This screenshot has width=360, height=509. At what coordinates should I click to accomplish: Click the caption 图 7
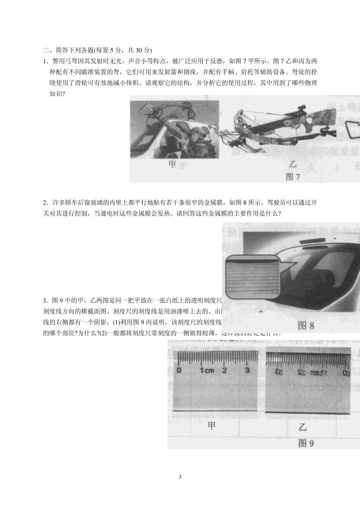(x=293, y=177)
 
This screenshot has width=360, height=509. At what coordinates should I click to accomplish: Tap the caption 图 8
(x=306, y=325)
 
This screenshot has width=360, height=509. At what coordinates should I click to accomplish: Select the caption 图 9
(x=306, y=443)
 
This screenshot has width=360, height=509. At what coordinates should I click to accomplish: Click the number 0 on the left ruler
(x=179, y=370)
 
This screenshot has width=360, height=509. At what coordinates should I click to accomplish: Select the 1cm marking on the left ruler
(x=207, y=370)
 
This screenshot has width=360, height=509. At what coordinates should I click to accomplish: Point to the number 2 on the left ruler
(x=224, y=370)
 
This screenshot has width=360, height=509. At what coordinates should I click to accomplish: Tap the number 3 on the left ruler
(x=247, y=370)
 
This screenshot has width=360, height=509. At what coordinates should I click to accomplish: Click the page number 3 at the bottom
(x=180, y=476)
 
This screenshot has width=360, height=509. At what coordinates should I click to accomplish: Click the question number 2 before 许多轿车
(x=45, y=203)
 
